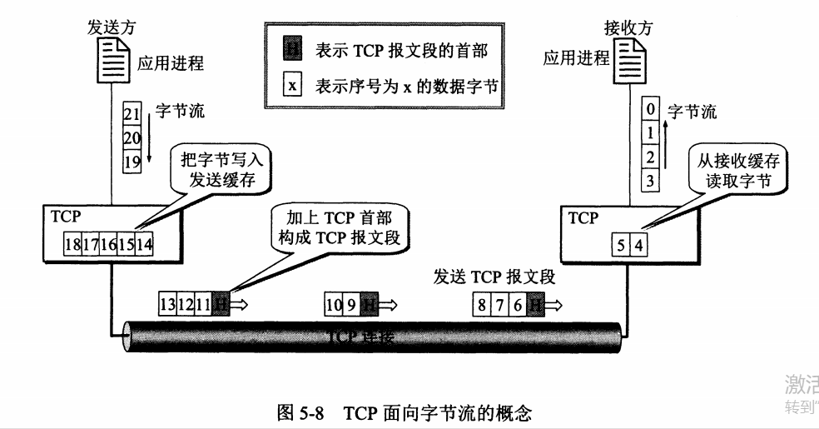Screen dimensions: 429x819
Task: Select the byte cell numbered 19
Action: click(x=132, y=162)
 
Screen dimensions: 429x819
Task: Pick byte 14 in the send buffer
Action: click(x=144, y=244)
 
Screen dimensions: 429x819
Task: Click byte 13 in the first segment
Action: click(x=167, y=305)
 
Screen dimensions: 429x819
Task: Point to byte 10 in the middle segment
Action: click(x=333, y=305)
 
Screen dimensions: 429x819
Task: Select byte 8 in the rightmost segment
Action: click(x=481, y=305)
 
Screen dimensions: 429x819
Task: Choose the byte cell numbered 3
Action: click(x=651, y=177)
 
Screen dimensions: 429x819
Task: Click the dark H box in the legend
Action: click(x=292, y=50)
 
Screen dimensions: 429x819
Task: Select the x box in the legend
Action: click(x=292, y=85)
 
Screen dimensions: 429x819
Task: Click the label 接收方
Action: click(x=628, y=26)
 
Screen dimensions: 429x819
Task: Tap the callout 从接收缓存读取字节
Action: click(x=732, y=171)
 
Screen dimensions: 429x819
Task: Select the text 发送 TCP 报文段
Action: click(x=494, y=276)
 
